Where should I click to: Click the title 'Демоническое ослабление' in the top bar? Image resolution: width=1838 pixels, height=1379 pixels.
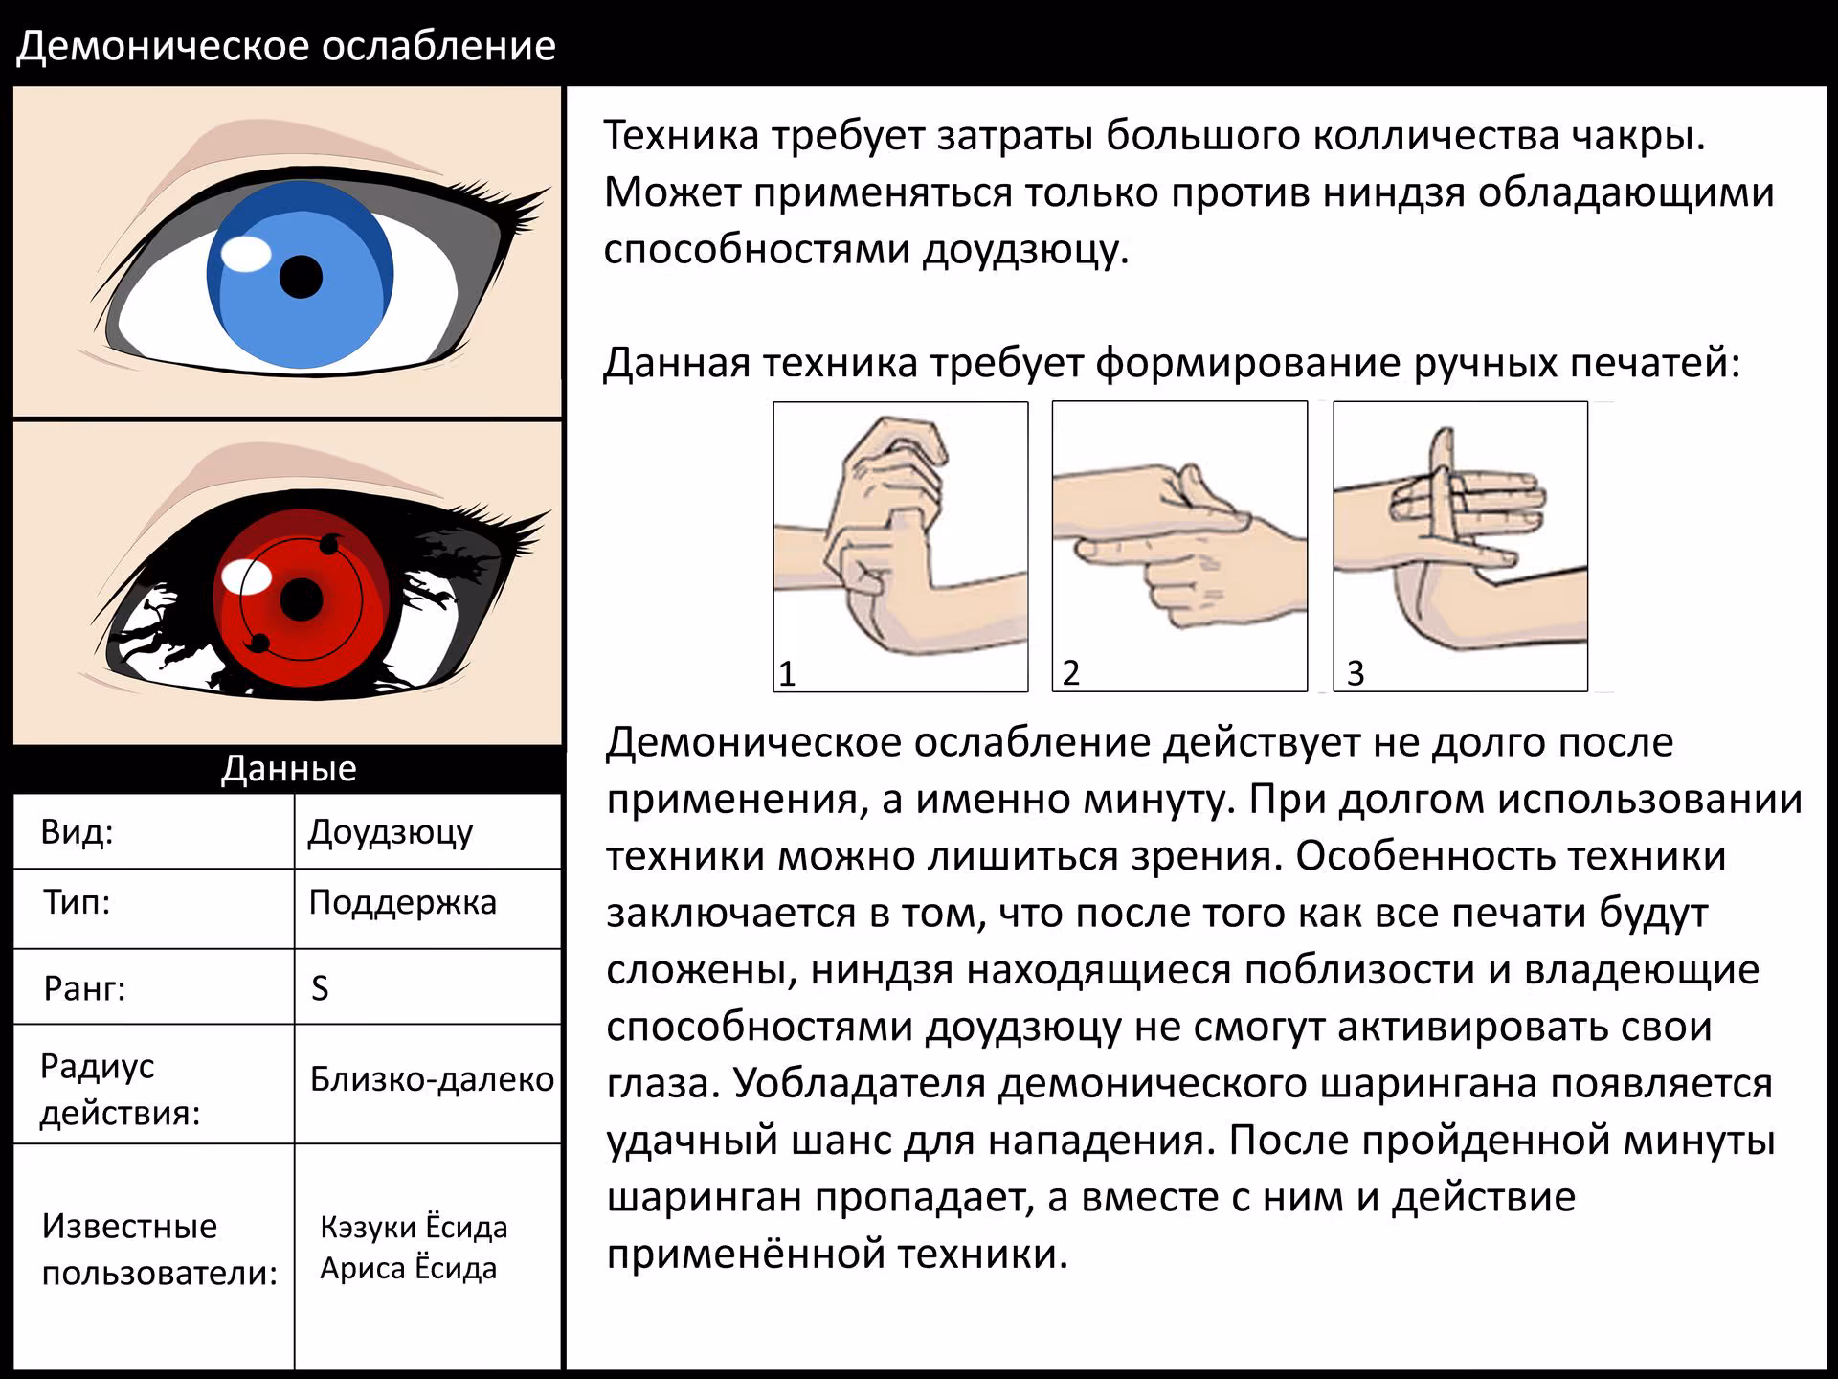pyautogui.click(x=286, y=46)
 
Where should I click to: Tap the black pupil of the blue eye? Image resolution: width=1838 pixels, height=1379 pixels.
pyautogui.click(x=301, y=277)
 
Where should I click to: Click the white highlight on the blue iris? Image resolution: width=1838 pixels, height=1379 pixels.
pyautogui.click(x=246, y=254)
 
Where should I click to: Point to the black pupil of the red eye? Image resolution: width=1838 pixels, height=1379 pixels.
pyautogui.click(x=302, y=600)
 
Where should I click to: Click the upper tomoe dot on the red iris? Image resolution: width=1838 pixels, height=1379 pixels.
pyautogui.click(x=329, y=545)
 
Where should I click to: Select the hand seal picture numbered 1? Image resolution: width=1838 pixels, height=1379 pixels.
pyautogui.click(x=901, y=547)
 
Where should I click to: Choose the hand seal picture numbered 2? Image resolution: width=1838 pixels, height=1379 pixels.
pyautogui.click(x=1179, y=547)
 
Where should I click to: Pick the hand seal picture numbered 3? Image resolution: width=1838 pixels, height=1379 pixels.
pyautogui.click(x=1461, y=547)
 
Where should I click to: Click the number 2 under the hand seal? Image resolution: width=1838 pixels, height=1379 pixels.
pyautogui.click(x=1071, y=672)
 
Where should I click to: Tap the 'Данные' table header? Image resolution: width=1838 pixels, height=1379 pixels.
pyautogui.click(x=288, y=768)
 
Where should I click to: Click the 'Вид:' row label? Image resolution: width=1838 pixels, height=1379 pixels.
pyautogui.click(x=77, y=831)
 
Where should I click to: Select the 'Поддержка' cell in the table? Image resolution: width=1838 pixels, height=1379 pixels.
pyautogui.click(x=402, y=902)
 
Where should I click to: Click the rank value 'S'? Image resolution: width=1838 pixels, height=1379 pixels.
pyautogui.click(x=320, y=987)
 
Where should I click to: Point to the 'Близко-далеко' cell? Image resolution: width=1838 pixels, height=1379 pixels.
pyautogui.click(x=432, y=1079)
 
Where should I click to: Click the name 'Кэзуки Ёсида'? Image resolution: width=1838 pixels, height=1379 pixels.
pyautogui.click(x=414, y=1226)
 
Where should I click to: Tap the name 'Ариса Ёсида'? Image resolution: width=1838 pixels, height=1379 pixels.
pyautogui.click(x=409, y=1268)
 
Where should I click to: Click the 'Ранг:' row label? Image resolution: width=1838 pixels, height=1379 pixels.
pyautogui.click(x=84, y=987)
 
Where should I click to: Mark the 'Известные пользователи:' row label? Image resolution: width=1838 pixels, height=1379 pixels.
pyautogui.click(x=159, y=1249)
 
